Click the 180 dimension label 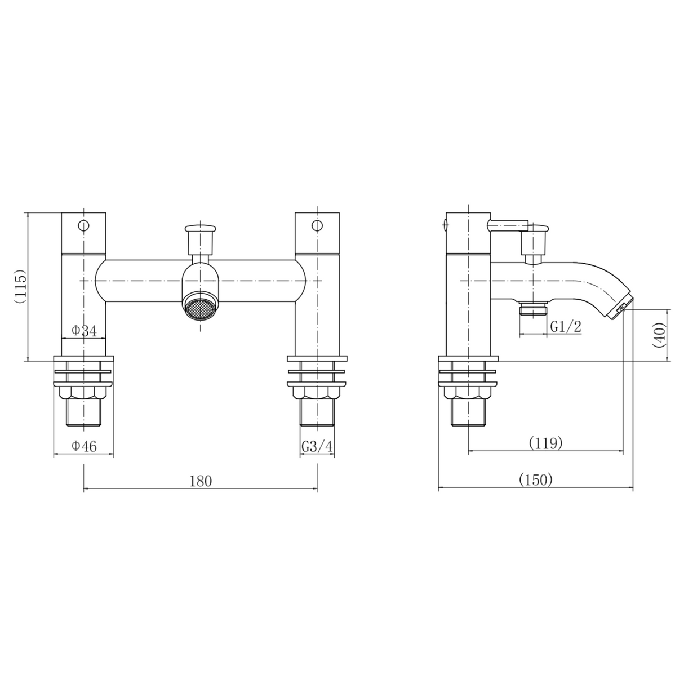click(x=201, y=481)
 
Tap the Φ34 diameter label click(x=84, y=331)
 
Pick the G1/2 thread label click(x=565, y=327)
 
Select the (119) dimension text click(x=545, y=443)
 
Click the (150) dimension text click(x=535, y=479)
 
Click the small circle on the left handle click(x=83, y=226)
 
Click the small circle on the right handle click(x=318, y=226)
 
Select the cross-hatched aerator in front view click(x=199, y=308)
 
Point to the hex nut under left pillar click(x=83, y=393)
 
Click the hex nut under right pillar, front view click(x=317, y=393)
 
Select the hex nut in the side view click(x=469, y=393)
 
